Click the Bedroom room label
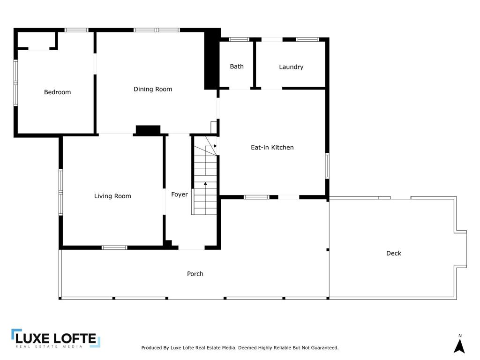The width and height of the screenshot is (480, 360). pyautogui.click(x=57, y=92)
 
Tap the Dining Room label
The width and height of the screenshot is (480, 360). pyautogui.click(x=153, y=89)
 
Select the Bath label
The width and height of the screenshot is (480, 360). pyautogui.click(x=237, y=67)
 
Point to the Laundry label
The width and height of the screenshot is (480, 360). pyautogui.click(x=291, y=67)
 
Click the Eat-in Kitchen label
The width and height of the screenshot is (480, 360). pyautogui.click(x=272, y=147)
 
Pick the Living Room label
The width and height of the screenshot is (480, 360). pyautogui.click(x=112, y=196)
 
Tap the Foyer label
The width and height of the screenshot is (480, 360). pyautogui.click(x=180, y=195)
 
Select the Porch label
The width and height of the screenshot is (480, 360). pyautogui.click(x=195, y=274)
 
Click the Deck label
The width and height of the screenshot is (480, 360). pyautogui.click(x=394, y=253)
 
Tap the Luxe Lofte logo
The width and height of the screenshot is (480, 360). pyautogui.click(x=56, y=338)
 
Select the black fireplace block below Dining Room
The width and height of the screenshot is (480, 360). pyautogui.click(x=148, y=130)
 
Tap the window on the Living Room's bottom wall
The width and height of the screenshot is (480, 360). pyautogui.click(x=114, y=247)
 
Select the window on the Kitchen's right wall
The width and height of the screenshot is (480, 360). pyautogui.click(x=327, y=165)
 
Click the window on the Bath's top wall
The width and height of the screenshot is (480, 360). pyautogui.click(x=239, y=39)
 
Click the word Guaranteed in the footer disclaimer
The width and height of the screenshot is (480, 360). pyautogui.click(x=322, y=348)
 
